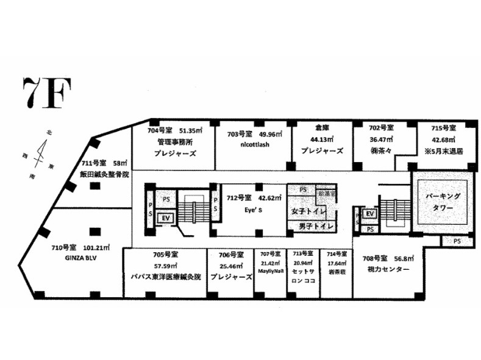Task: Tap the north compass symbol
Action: tap(40, 150)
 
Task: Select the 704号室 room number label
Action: tap(162, 130)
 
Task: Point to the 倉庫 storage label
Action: tap(322, 128)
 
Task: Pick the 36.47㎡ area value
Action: tap(382, 139)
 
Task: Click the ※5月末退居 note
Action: tap(444, 150)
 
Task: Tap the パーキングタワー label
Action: tap(443, 201)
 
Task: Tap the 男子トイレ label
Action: tap(315, 227)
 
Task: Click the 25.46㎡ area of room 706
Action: tap(231, 266)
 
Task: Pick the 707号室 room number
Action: tap(269, 253)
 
